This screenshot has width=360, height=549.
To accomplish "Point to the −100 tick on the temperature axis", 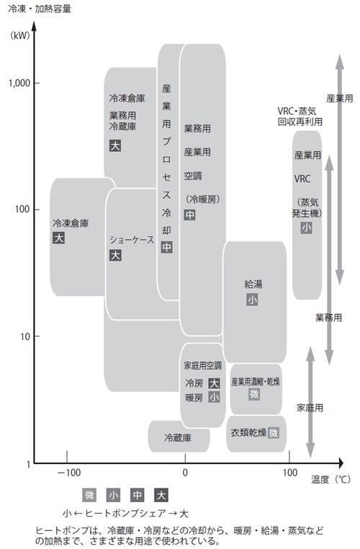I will (68, 473).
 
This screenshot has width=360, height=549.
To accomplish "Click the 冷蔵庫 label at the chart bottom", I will (177, 437).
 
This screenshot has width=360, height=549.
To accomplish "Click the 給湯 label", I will (253, 284).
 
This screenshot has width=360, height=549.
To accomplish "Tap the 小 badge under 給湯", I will (252, 299).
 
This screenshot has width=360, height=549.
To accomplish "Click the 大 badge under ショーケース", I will (115, 255).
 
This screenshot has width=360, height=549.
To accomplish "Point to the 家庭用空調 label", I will (203, 365).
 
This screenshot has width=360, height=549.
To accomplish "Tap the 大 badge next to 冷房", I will (214, 383).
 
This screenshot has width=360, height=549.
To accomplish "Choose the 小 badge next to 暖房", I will (214, 397).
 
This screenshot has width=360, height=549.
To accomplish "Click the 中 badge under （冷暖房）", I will (189, 215).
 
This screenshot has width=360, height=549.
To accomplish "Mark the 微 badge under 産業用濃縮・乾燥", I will (254, 394).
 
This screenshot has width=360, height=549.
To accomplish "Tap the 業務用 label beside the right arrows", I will (328, 317).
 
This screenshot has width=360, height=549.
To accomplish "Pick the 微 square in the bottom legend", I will (89, 495).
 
